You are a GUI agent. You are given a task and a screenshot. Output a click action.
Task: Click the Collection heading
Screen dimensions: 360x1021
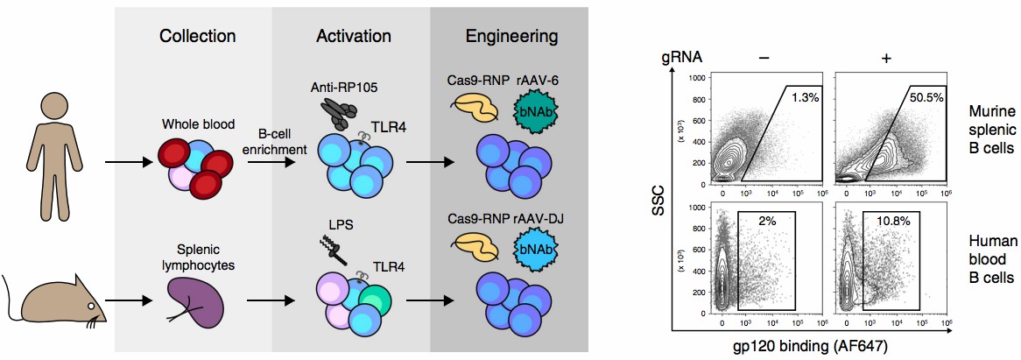197,37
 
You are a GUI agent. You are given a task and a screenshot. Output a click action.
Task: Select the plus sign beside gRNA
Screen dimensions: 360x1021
886,58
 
